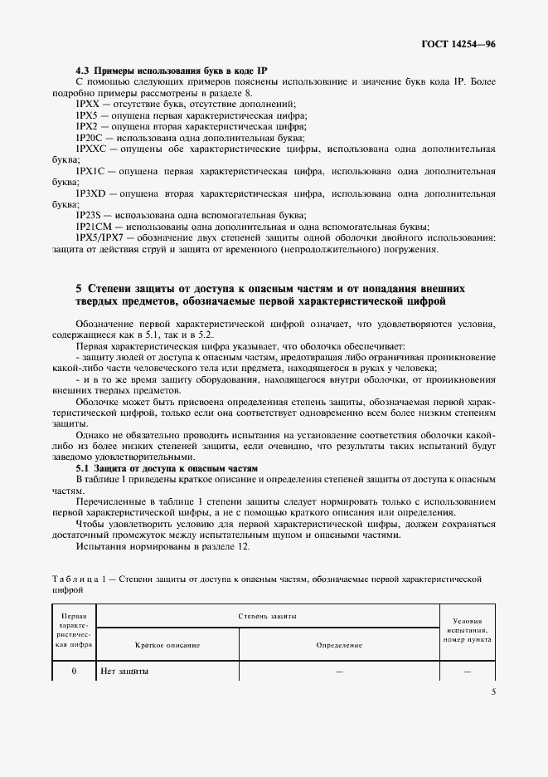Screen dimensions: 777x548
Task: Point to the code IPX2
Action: click(87, 127)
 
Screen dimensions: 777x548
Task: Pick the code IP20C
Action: click(89, 138)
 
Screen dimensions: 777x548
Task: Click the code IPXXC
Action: click(90, 149)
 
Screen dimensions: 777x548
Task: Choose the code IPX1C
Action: click(90, 171)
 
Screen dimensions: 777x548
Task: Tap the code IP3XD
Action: click(90, 193)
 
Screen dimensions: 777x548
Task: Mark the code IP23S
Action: click(88, 215)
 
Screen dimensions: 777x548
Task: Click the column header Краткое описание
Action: click(167, 644)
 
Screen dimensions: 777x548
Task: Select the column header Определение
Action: click(339, 644)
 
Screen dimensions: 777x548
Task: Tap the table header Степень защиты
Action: click(267, 617)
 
